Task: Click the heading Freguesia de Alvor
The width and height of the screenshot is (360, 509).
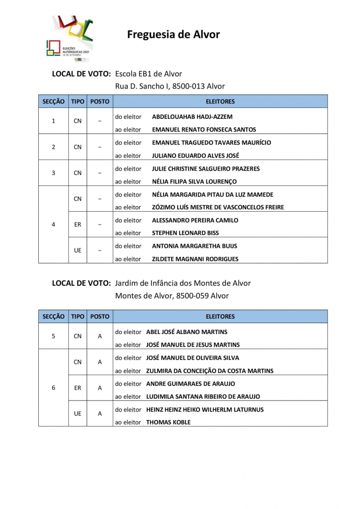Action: (x=173, y=34)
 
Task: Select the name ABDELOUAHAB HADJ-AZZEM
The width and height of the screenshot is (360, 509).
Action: (x=192, y=117)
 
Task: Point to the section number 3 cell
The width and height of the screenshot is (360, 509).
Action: (x=54, y=173)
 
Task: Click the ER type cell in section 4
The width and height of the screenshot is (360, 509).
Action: (x=78, y=225)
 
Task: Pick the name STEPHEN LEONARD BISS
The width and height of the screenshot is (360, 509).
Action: (x=185, y=233)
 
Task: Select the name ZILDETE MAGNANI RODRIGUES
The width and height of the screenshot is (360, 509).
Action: (x=195, y=259)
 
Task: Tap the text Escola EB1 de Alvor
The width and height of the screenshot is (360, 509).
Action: (x=149, y=74)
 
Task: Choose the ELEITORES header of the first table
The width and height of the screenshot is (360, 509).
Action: (x=220, y=101)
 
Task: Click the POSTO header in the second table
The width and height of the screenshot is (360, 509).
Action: (x=99, y=317)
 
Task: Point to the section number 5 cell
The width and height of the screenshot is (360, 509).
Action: (x=54, y=336)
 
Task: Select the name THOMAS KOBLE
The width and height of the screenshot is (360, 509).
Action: (x=168, y=423)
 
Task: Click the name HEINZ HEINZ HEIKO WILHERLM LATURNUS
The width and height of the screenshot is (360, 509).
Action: (x=205, y=410)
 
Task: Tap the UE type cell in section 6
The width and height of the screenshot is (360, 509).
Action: (x=78, y=414)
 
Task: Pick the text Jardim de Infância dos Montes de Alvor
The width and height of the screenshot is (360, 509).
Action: (x=182, y=283)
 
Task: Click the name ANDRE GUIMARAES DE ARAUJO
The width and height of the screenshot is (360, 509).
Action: (x=190, y=384)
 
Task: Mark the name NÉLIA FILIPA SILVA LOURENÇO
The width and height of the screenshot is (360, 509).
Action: (x=194, y=181)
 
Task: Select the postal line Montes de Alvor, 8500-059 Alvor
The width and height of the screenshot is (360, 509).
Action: (x=172, y=296)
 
